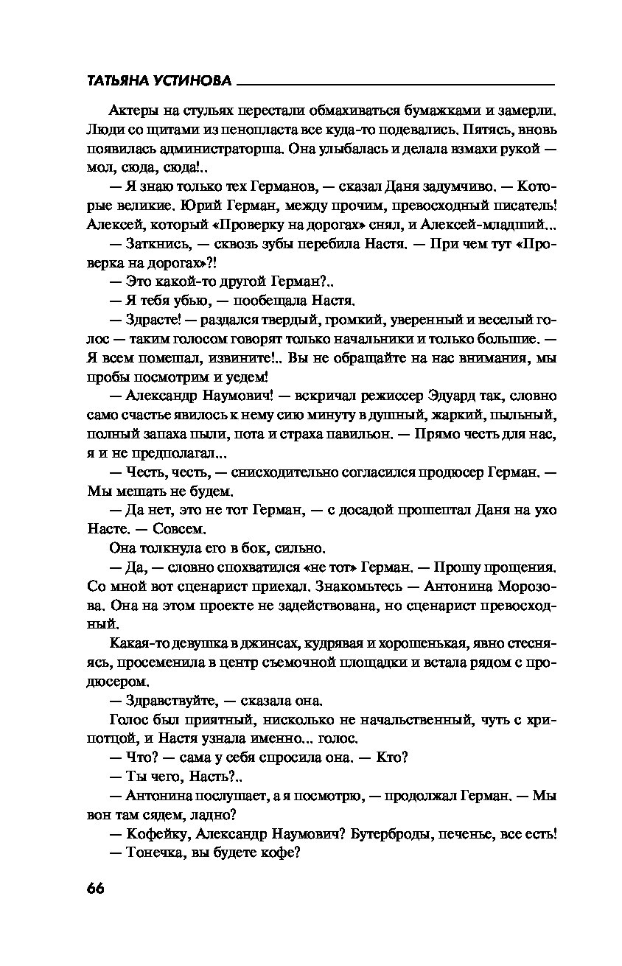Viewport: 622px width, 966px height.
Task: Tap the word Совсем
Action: click(183, 528)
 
